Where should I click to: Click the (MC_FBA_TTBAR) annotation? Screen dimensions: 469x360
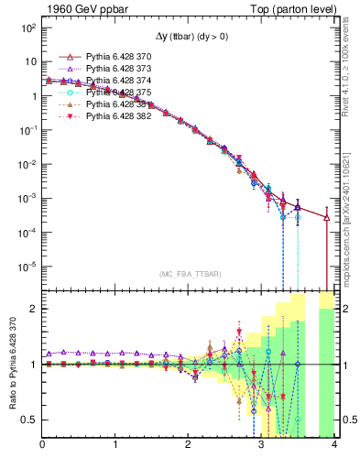188,274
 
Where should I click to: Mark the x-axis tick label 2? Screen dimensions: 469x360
188,446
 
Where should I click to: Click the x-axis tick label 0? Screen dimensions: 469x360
42,446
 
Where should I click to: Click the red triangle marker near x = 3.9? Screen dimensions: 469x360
326,217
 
